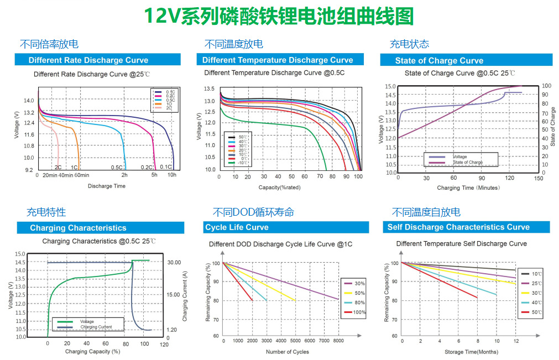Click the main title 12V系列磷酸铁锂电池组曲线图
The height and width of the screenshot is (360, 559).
(279, 16)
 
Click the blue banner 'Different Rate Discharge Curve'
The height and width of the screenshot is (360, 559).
(88, 60)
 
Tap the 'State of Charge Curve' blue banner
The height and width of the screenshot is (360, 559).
(439, 61)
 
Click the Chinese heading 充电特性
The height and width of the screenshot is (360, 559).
(46, 212)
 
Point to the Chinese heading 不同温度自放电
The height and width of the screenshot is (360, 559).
(426, 212)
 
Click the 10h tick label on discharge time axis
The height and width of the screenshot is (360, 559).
(172, 175)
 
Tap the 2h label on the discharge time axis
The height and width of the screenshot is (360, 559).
(124, 175)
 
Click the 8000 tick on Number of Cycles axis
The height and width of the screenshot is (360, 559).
(338, 341)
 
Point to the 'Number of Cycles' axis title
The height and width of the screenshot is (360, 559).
(287, 352)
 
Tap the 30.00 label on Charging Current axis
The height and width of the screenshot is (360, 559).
(174, 262)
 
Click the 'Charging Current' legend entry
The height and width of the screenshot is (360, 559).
(96, 327)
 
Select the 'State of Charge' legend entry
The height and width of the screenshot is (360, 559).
(468, 163)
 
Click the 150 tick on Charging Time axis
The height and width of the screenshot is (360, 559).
(539, 178)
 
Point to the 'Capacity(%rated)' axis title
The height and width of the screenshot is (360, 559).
(279, 187)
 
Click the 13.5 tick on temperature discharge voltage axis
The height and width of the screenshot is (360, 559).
(209, 89)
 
